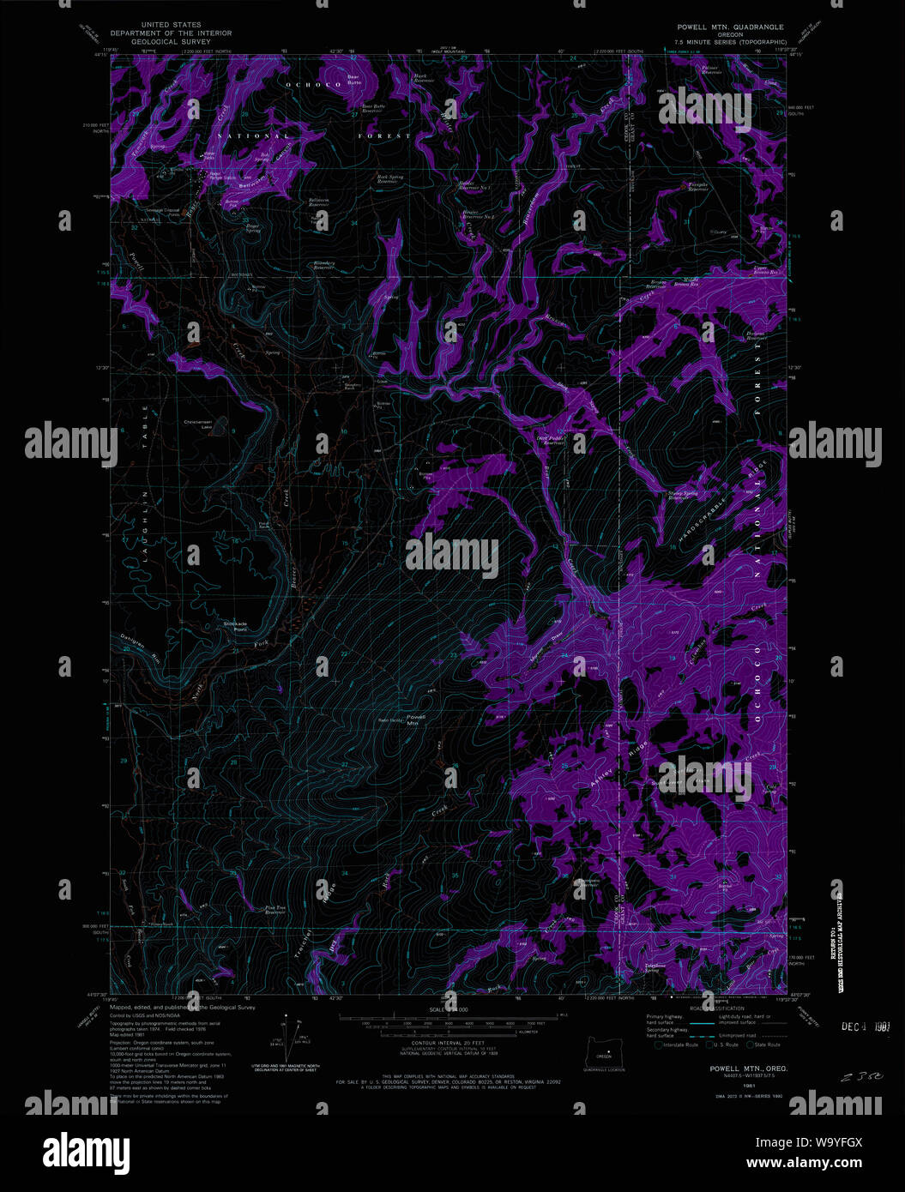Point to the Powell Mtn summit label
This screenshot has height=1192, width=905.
(416, 719)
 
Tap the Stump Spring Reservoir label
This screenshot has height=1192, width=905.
(684, 495)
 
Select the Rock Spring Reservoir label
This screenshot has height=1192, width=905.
(390, 179)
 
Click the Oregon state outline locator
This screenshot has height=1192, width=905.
(604, 1050)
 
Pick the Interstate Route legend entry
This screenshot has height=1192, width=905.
(674, 1045)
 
